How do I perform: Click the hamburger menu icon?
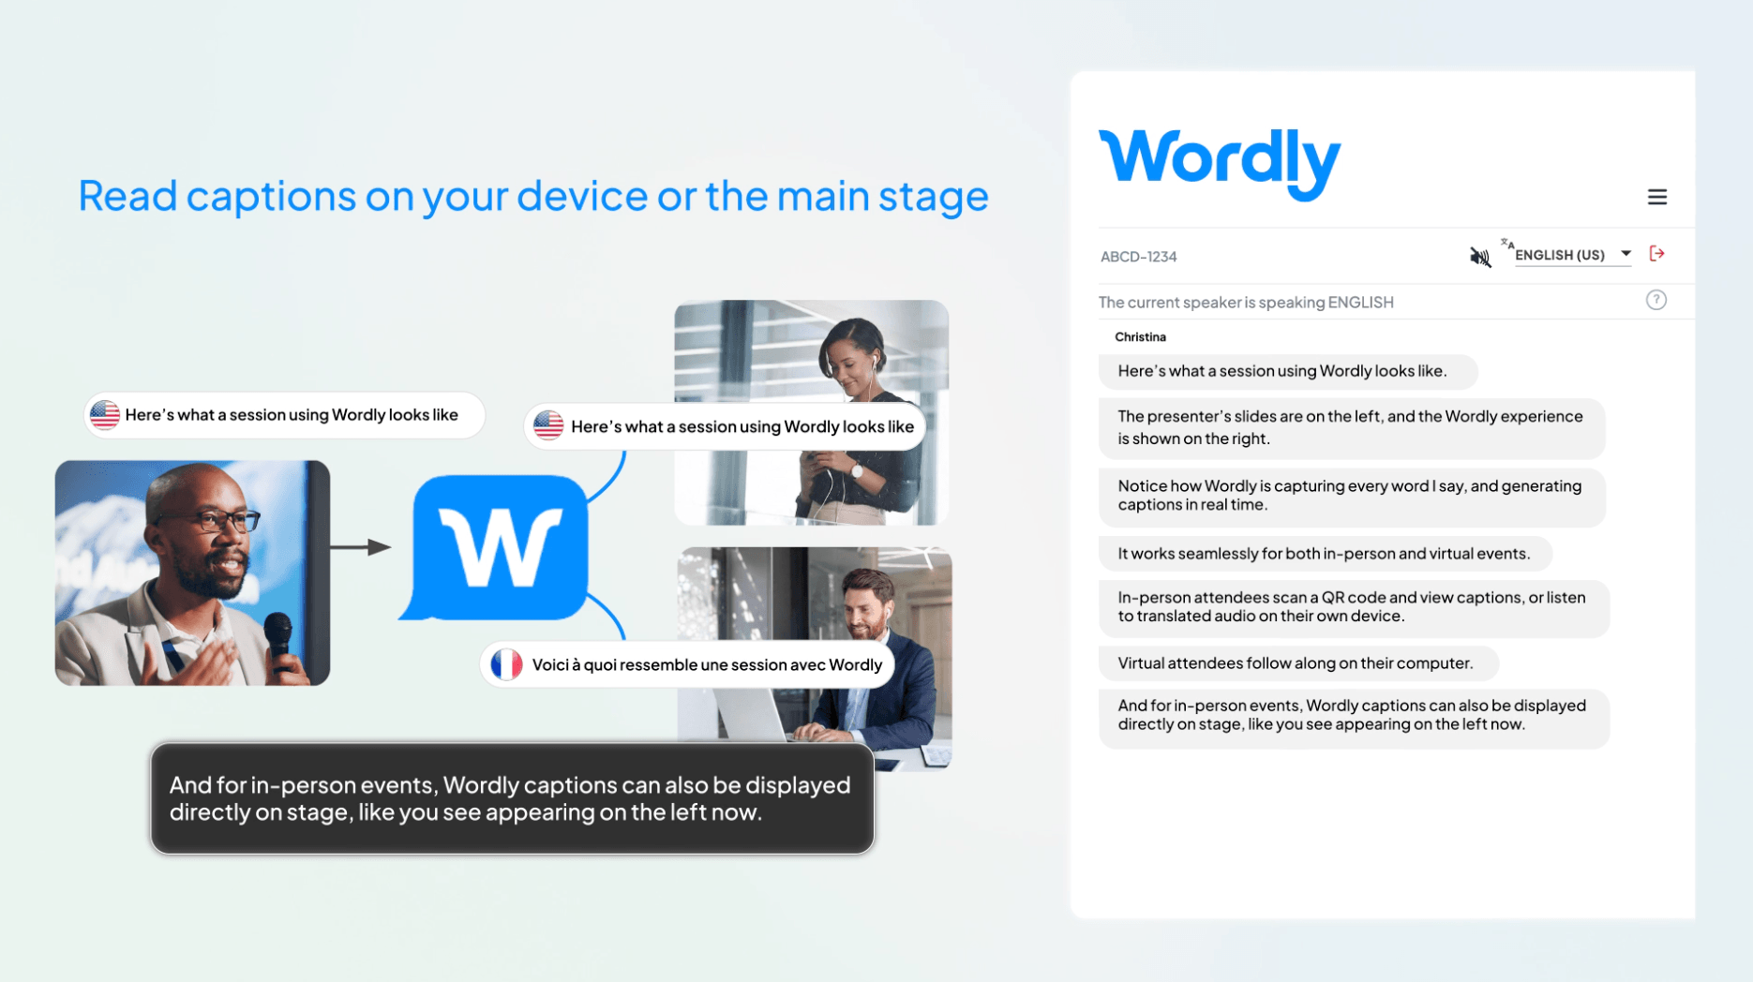coord(1656,197)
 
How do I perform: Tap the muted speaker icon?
coord(1479,256)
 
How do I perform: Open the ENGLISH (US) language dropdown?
coord(1572,255)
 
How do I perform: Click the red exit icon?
coord(1656,254)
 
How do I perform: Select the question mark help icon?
coord(1656,300)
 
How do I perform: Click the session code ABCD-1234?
coord(1138,257)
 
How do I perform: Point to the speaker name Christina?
coord(1140,336)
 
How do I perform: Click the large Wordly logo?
coord(1219,163)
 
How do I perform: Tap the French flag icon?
coord(506,664)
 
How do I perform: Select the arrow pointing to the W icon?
coord(361,547)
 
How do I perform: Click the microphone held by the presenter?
coord(279,642)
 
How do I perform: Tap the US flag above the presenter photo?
coord(104,414)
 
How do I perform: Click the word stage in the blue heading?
coord(933,197)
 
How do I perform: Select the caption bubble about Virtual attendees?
coord(1298,663)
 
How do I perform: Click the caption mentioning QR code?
coord(1354,607)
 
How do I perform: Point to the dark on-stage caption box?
coord(512,798)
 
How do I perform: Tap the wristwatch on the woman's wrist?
coord(856,470)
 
